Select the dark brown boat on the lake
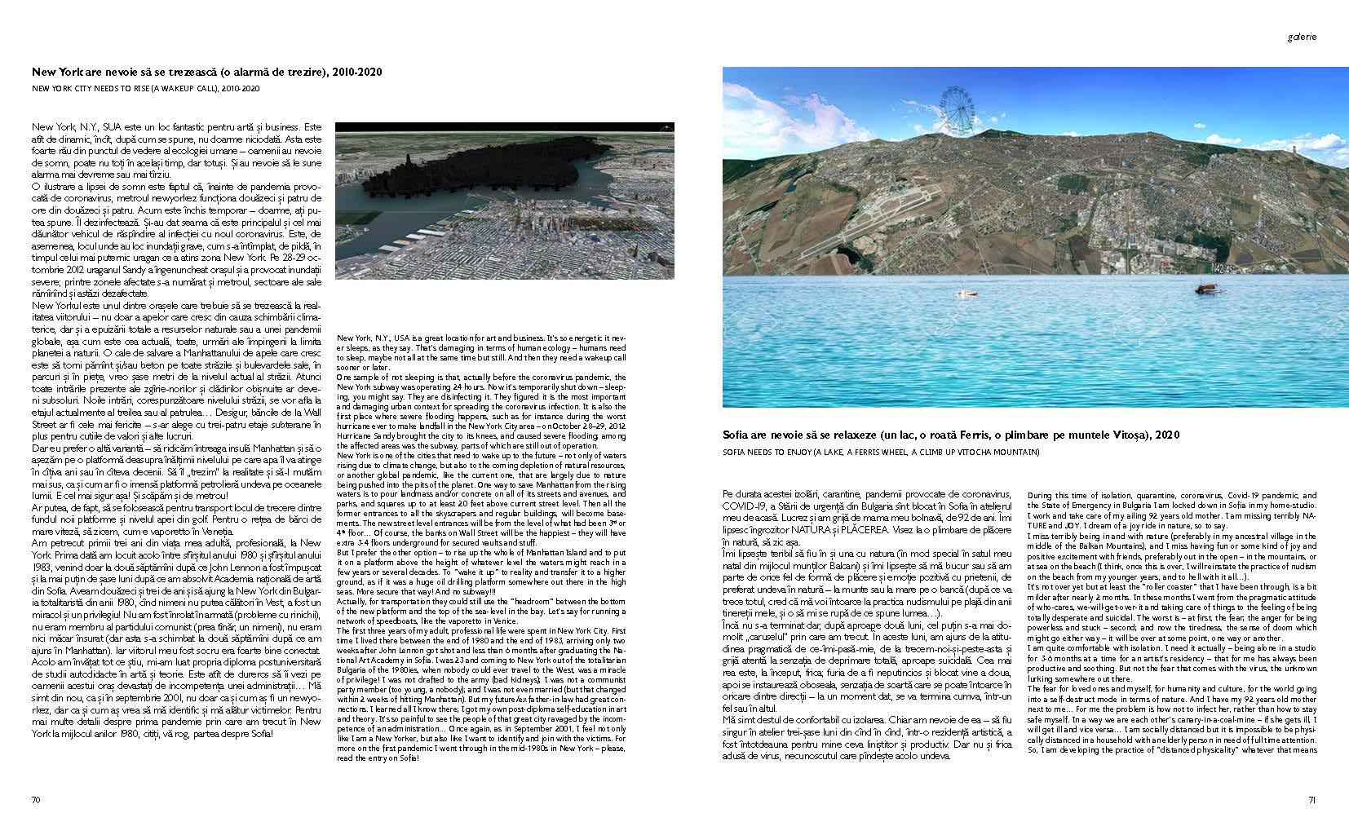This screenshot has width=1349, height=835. [1205, 289]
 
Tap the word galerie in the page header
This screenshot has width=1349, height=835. [1303, 37]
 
